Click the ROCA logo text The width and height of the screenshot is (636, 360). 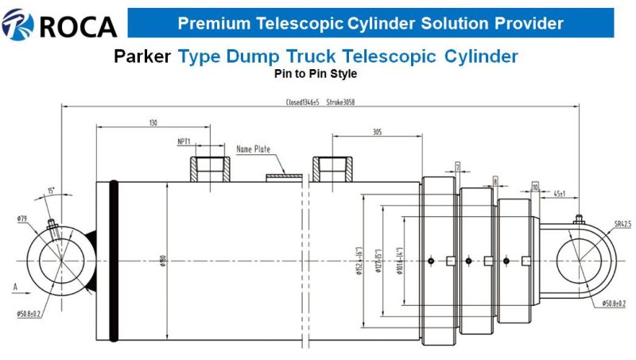(x=77, y=26)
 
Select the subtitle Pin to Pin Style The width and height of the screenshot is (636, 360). (x=316, y=75)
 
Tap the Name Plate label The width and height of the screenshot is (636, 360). (x=253, y=149)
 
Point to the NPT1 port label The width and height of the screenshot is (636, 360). (x=184, y=142)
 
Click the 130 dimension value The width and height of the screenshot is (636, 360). (x=153, y=122)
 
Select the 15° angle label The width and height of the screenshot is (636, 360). (x=52, y=191)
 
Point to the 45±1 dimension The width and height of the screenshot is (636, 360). (x=560, y=193)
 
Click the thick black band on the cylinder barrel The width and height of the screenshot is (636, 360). (x=114, y=262)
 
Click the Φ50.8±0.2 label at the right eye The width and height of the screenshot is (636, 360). (x=617, y=303)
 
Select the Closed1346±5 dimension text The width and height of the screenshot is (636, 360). (x=303, y=103)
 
